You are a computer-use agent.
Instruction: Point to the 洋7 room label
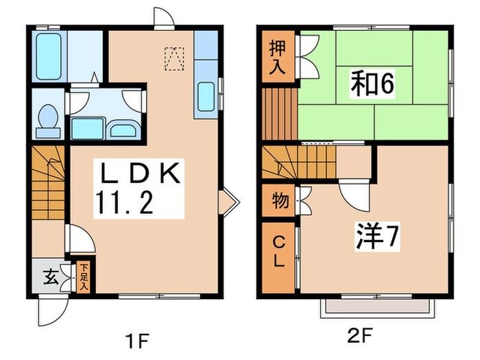tap(375, 238)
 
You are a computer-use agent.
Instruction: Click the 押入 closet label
tap(277, 58)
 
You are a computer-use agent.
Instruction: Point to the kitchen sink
tap(206, 96)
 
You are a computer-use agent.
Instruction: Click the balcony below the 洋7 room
tap(376, 309)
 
